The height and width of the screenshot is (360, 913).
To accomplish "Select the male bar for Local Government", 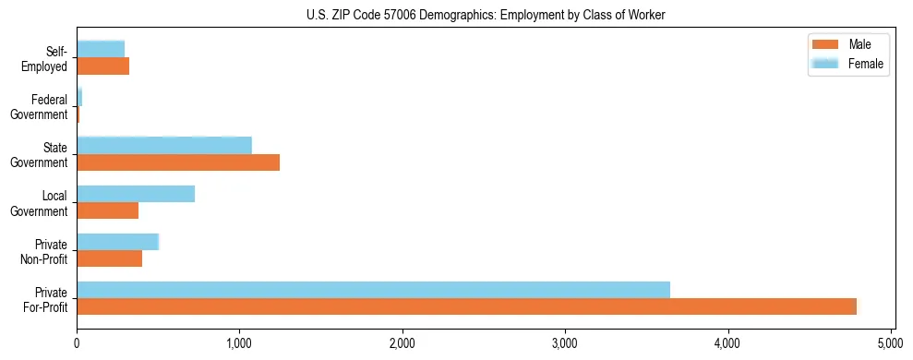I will click(x=107, y=210).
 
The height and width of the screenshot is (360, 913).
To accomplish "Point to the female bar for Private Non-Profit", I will click(x=118, y=242).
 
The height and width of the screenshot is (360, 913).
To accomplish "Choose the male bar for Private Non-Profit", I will click(x=109, y=258).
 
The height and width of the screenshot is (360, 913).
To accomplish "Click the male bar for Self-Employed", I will click(x=102, y=66).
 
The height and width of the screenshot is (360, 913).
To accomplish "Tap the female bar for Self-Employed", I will click(x=101, y=49).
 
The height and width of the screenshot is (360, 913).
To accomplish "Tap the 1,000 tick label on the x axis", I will click(x=239, y=343).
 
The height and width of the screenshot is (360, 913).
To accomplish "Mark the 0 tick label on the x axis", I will click(x=77, y=343).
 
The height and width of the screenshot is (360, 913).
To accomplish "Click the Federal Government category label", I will click(x=41, y=107).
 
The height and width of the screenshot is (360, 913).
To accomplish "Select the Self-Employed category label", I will click(x=45, y=59).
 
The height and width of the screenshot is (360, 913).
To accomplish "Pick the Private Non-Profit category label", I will click(x=45, y=251).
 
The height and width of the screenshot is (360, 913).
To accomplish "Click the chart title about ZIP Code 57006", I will click(x=486, y=15).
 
